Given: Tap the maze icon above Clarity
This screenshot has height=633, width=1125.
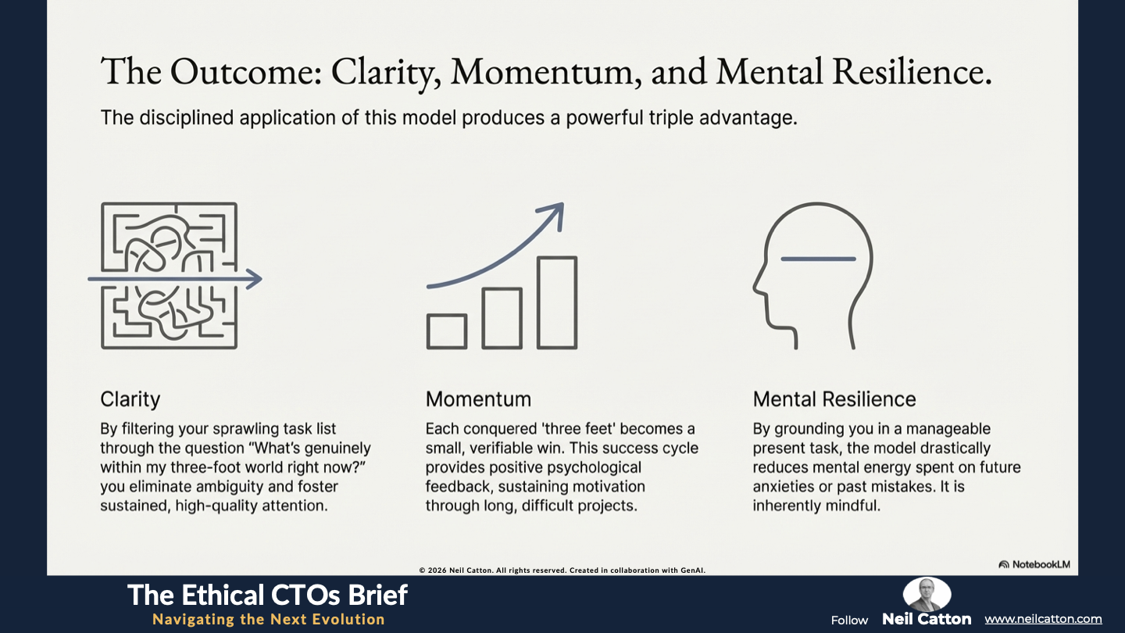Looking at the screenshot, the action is [x=170, y=276].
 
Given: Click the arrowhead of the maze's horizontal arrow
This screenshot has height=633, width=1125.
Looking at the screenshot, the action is [x=255, y=279].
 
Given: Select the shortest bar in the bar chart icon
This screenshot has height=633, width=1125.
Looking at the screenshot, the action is [x=447, y=331].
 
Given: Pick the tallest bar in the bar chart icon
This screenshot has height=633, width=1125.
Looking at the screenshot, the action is [x=557, y=302].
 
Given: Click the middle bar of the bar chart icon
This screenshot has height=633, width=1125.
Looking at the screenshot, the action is [x=502, y=318].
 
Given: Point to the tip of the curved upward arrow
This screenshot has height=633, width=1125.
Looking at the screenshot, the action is [x=563, y=203].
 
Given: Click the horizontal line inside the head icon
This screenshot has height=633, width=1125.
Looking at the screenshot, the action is [x=818, y=259].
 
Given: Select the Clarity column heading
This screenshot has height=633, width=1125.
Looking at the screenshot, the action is [x=130, y=399].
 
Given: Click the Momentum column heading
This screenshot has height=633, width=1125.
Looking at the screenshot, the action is [x=478, y=399].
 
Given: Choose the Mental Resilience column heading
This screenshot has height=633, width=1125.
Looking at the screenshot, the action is [x=834, y=399].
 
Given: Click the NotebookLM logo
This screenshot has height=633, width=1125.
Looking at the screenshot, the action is [x=1034, y=564].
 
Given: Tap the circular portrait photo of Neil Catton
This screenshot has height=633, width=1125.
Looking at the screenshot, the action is [x=927, y=594].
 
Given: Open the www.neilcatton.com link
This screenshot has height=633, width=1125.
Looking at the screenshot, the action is [x=1043, y=619].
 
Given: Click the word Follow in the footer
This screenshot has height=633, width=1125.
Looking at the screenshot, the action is [x=849, y=620].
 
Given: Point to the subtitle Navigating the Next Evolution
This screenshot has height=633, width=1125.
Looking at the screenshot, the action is [x=269, y=620].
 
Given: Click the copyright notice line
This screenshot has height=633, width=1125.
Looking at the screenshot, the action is [x=562, y=570].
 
